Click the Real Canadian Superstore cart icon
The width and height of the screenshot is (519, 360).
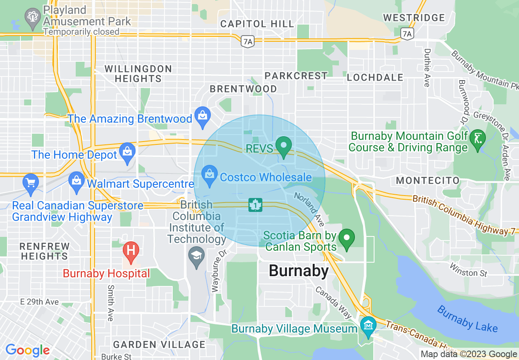click(31, 182)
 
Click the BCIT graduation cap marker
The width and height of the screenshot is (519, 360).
click(196, 257)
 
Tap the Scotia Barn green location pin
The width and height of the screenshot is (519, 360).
click(347, 239)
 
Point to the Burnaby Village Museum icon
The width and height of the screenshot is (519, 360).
click(368, 326)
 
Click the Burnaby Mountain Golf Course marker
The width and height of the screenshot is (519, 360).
click(478, 139)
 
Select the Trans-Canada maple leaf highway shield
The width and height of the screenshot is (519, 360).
click(255, 205)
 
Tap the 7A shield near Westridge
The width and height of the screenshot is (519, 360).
click(406, 34)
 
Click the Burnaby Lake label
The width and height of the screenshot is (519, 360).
click(467, 319)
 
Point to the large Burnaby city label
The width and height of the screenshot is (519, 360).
click(298, 271)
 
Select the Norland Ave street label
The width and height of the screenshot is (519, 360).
click(309, 209)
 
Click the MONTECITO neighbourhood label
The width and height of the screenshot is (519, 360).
click(428, 180)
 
